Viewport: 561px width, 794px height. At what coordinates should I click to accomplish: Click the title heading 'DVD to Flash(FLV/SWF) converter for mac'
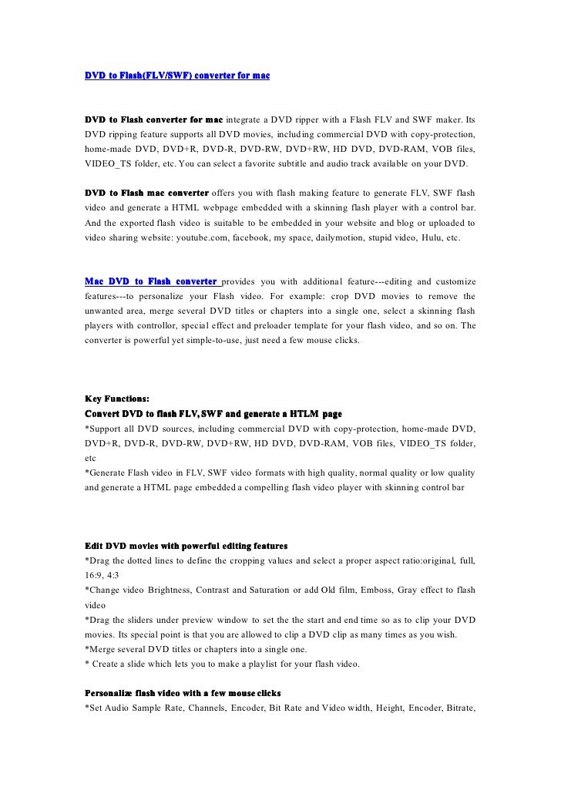point(176,76)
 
